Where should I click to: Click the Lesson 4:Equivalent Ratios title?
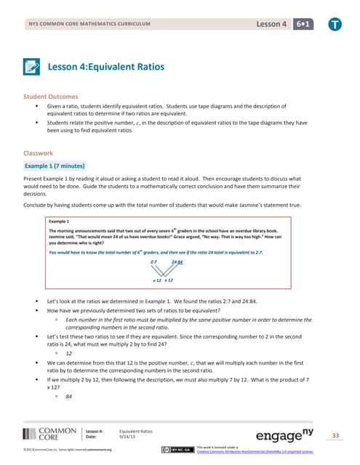[x=105, y=68]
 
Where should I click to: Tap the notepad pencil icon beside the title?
[x=32, y=68]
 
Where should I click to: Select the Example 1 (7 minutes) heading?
[x=55, y=166]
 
